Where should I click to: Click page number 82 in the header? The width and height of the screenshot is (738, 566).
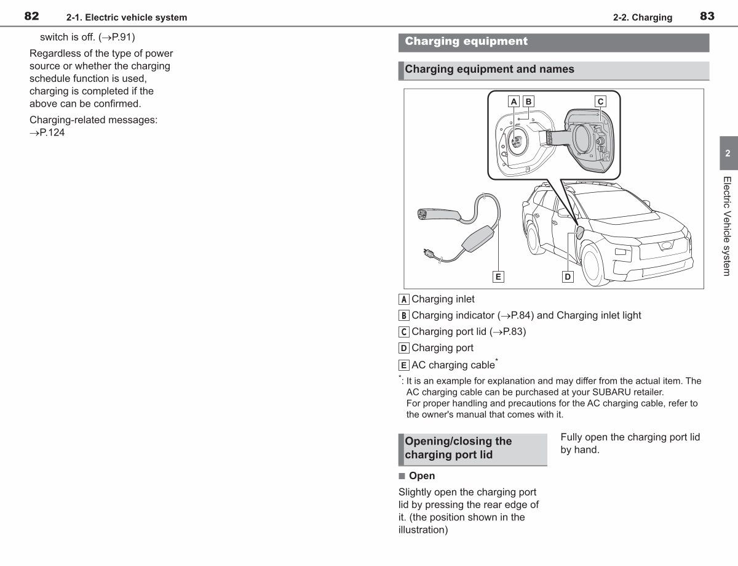(31, 16)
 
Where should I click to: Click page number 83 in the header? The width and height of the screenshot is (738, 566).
(707, 16)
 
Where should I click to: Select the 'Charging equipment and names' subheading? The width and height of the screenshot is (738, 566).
(490, 69)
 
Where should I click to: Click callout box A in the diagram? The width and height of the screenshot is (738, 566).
(514, 101)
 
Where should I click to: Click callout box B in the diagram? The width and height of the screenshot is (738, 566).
(528, 101)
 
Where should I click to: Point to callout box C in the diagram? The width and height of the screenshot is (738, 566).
(600, 101)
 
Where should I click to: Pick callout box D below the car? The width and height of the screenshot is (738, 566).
(568, 277)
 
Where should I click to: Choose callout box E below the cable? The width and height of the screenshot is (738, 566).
(498, 277)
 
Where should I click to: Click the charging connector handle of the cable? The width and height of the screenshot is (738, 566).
(438, 215)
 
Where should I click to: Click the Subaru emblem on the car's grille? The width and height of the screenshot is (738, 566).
(666, 245)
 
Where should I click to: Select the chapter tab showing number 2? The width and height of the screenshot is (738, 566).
(729, 153)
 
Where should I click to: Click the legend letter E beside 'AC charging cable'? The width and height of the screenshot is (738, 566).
(403, 365)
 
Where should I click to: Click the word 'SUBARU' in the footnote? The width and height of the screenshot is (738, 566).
(610, 392)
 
